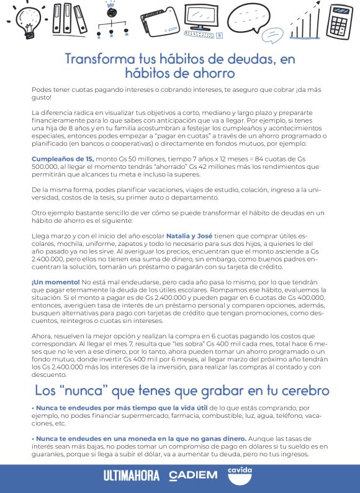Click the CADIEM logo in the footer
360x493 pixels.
(x=193, y=476)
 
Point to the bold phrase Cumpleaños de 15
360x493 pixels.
(x=63, y=159)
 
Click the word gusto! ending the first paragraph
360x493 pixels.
(x=42, y=97)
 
